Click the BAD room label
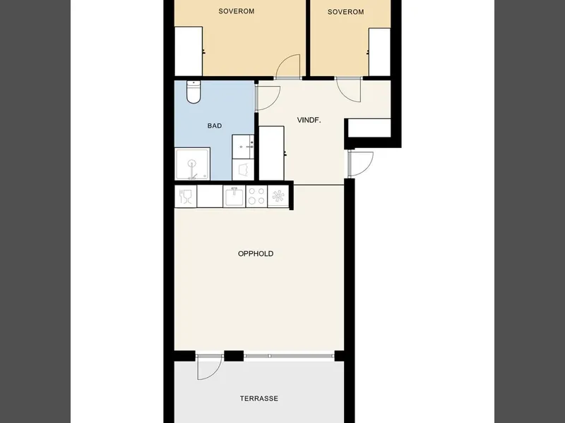[215, 126]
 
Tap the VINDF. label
[309, 120]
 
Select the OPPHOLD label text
[256, 254]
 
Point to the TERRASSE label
[259, 398]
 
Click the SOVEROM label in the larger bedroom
[237, 11]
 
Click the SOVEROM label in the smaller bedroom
[345, 12]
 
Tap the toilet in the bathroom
[194, 92]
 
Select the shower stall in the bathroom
[192, 164]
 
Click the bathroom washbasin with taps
[243, 147]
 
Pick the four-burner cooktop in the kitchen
[256, 197]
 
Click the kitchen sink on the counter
[234, 197]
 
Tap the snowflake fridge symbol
[278, 197]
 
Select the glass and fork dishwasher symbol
[186, 197]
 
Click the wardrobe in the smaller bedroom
[379, 52]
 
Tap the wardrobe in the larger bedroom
[189, 51]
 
